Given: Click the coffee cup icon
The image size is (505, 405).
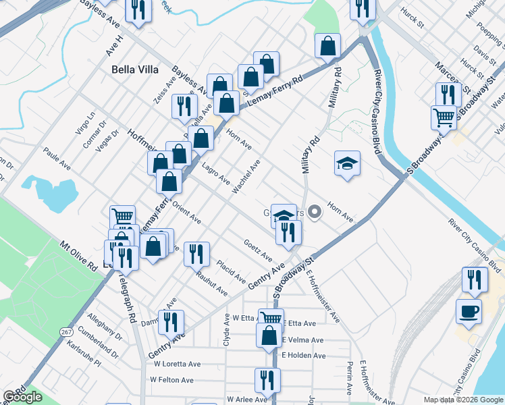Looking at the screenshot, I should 469,310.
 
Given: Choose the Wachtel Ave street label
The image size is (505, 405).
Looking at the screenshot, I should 246,178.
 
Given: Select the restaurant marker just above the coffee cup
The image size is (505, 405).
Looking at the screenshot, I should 475,278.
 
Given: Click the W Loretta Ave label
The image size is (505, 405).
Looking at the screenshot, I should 178,363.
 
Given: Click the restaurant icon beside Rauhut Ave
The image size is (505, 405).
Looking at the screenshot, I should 196,253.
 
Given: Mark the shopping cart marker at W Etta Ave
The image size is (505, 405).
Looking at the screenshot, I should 271,318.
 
